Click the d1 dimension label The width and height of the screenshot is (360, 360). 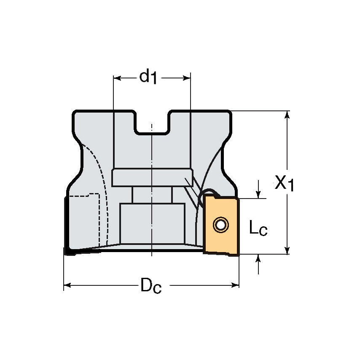(x=148, y=77)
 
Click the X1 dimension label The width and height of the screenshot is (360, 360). (x=284, y=183)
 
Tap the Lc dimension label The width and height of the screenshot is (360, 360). (x=258, y=229)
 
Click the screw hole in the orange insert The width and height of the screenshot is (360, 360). (x=220, y=225)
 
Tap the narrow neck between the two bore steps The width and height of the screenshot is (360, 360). (x=152, y=194)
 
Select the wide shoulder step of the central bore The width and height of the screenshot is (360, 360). (x=152, y=177)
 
